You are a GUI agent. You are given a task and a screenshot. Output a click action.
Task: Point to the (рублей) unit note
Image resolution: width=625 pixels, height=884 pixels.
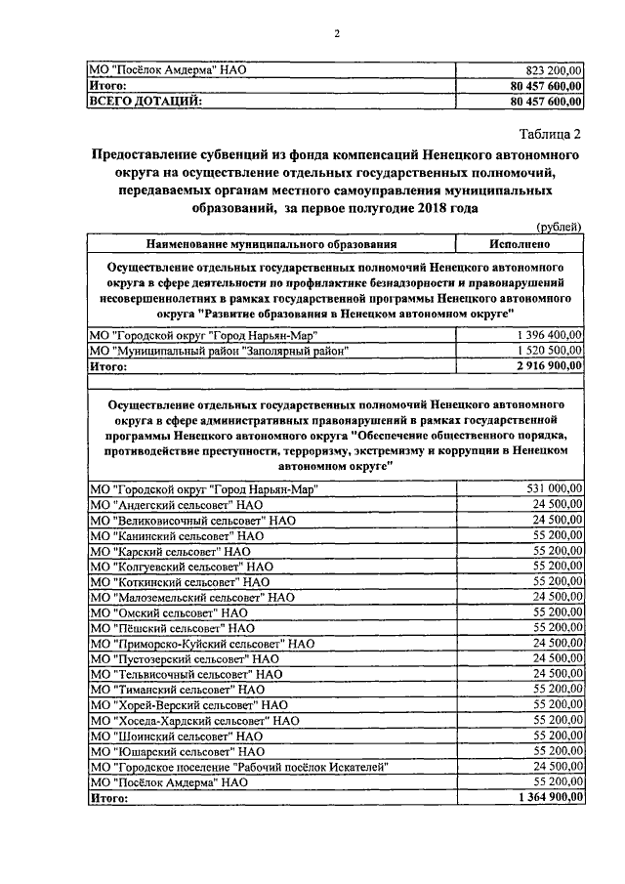point(560,227)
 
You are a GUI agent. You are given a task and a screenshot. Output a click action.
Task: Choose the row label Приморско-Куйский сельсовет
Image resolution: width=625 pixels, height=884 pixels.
point(200,644)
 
